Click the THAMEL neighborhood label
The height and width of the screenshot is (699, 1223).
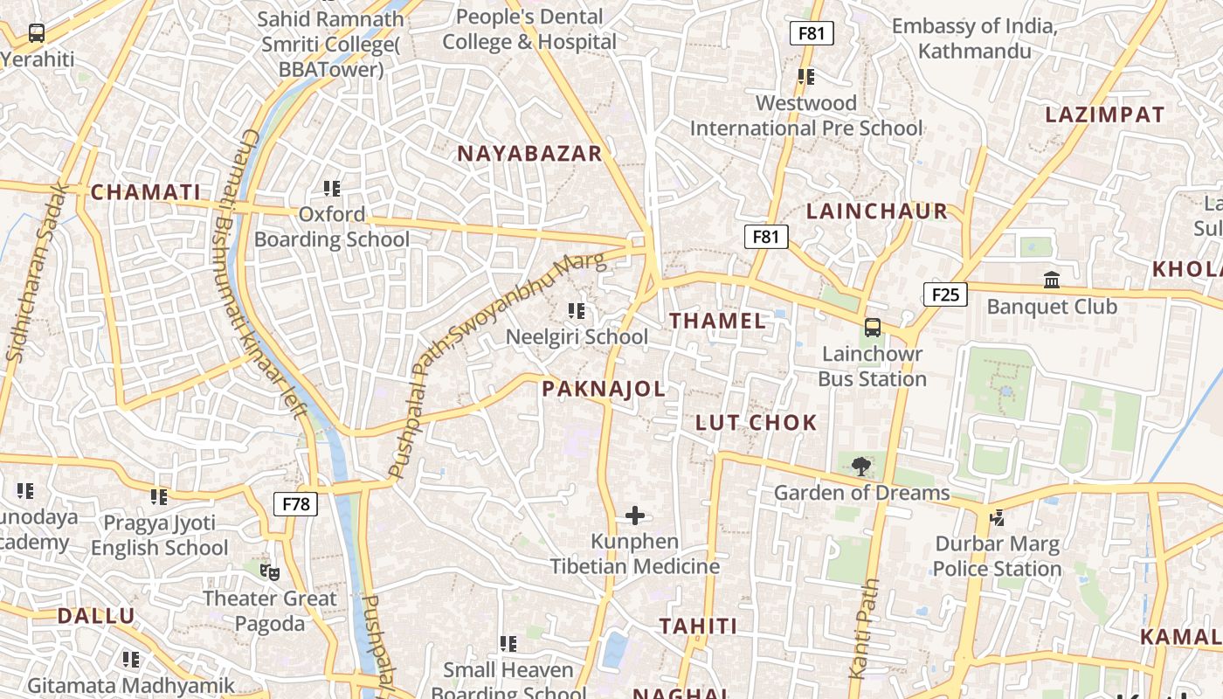(x=717, y=321)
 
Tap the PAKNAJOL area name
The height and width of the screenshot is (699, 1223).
(x=604, y=389)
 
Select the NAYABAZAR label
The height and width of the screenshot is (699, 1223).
(x=530, y=154)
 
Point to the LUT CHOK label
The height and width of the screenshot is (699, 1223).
(x=757, y=423)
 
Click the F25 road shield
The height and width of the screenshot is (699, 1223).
(x=945, y=294)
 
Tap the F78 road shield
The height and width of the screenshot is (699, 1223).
(x=295, y=504)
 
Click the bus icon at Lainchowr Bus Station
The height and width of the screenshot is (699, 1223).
(x=872, y=328)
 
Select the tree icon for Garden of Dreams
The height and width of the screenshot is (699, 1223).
(x=860, y=466)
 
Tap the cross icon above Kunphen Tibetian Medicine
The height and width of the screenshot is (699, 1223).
(x=635, y=516)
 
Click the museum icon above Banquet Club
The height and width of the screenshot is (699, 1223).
(x=1052, y=280)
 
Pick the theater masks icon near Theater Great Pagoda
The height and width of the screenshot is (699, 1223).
(x=270, y=572)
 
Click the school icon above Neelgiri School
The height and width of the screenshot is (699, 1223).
(x=577, y=311)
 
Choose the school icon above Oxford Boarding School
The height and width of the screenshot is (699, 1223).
(x=331, y=188)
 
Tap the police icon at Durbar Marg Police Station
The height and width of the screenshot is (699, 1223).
(x=997, y=518)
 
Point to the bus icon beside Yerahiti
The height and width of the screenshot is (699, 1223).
(x=37, y=33)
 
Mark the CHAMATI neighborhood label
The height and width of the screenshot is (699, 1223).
(x=146, y=193)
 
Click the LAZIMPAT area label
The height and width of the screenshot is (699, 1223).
(x=1104, y=114)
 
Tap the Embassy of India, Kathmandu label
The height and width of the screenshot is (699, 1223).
(x=974, y=38)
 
